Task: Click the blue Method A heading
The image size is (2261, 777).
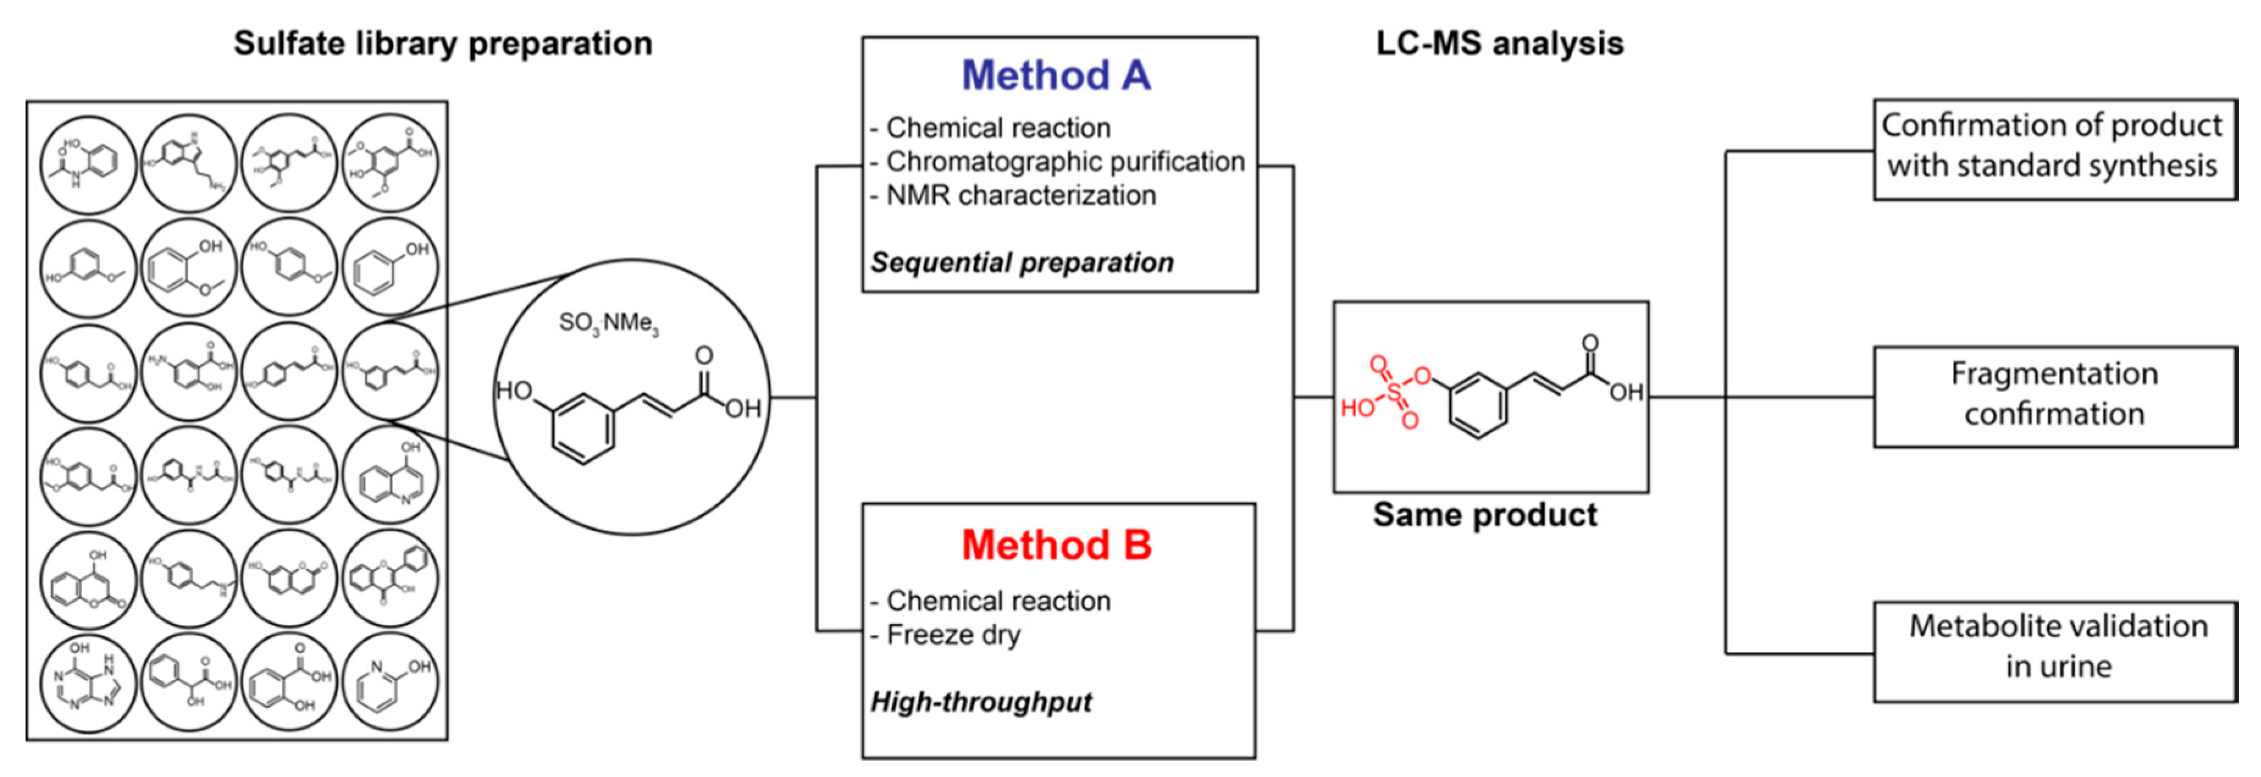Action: tap(1056, 76)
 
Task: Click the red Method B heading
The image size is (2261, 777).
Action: tap(1056, 545)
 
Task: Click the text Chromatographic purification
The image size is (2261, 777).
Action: tap(1065, 162)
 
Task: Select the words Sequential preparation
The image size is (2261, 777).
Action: tap(1022, 262)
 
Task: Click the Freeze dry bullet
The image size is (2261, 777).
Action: tap(953, 635)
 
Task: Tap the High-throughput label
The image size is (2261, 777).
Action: tap(981, 701)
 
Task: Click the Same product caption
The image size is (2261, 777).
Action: tap(1485, 515)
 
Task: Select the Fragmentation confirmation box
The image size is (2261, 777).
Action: tap(2054, 395)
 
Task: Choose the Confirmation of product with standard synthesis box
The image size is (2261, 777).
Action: tap(2054, 148)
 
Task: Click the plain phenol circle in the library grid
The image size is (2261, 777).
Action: tap(390, 268)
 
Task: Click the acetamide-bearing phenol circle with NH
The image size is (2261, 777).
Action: tap(88, 165)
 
